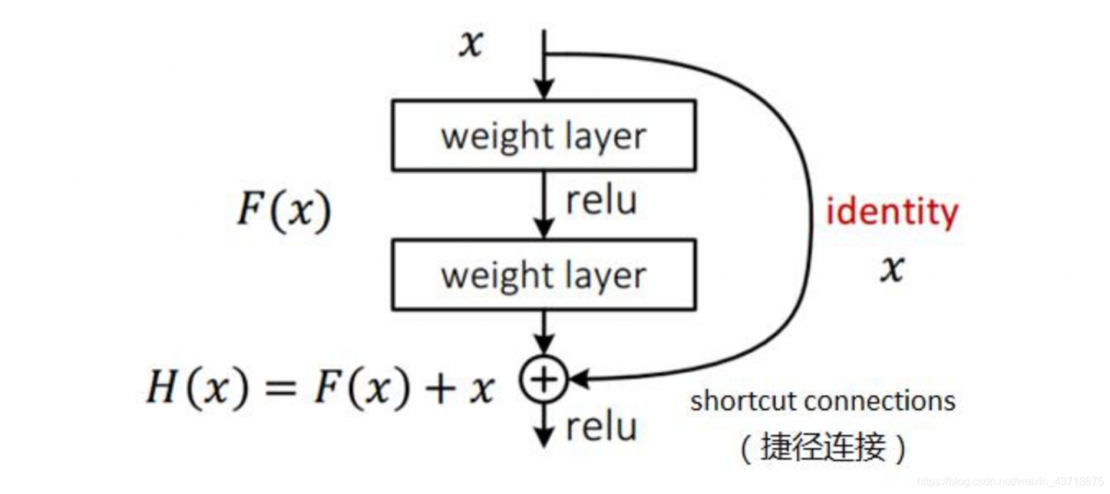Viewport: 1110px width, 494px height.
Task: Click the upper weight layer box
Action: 544,134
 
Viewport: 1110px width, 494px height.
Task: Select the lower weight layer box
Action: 544,275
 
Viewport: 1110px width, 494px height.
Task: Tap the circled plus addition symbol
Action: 543,379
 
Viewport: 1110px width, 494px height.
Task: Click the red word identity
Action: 892,212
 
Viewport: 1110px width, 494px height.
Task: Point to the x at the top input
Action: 470,44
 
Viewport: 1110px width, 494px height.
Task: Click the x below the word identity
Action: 891,270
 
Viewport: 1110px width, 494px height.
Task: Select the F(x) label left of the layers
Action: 284,211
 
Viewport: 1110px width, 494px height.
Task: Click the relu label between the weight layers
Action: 601,200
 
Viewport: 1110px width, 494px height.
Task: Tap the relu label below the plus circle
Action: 601,426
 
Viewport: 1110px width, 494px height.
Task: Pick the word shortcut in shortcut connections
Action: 744,401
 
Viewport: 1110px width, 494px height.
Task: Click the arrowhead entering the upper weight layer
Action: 544,89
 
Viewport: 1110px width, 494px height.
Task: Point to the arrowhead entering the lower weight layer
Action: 544,230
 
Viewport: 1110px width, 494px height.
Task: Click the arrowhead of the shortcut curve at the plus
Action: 578,379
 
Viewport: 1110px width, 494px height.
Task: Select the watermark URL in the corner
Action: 1009,481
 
